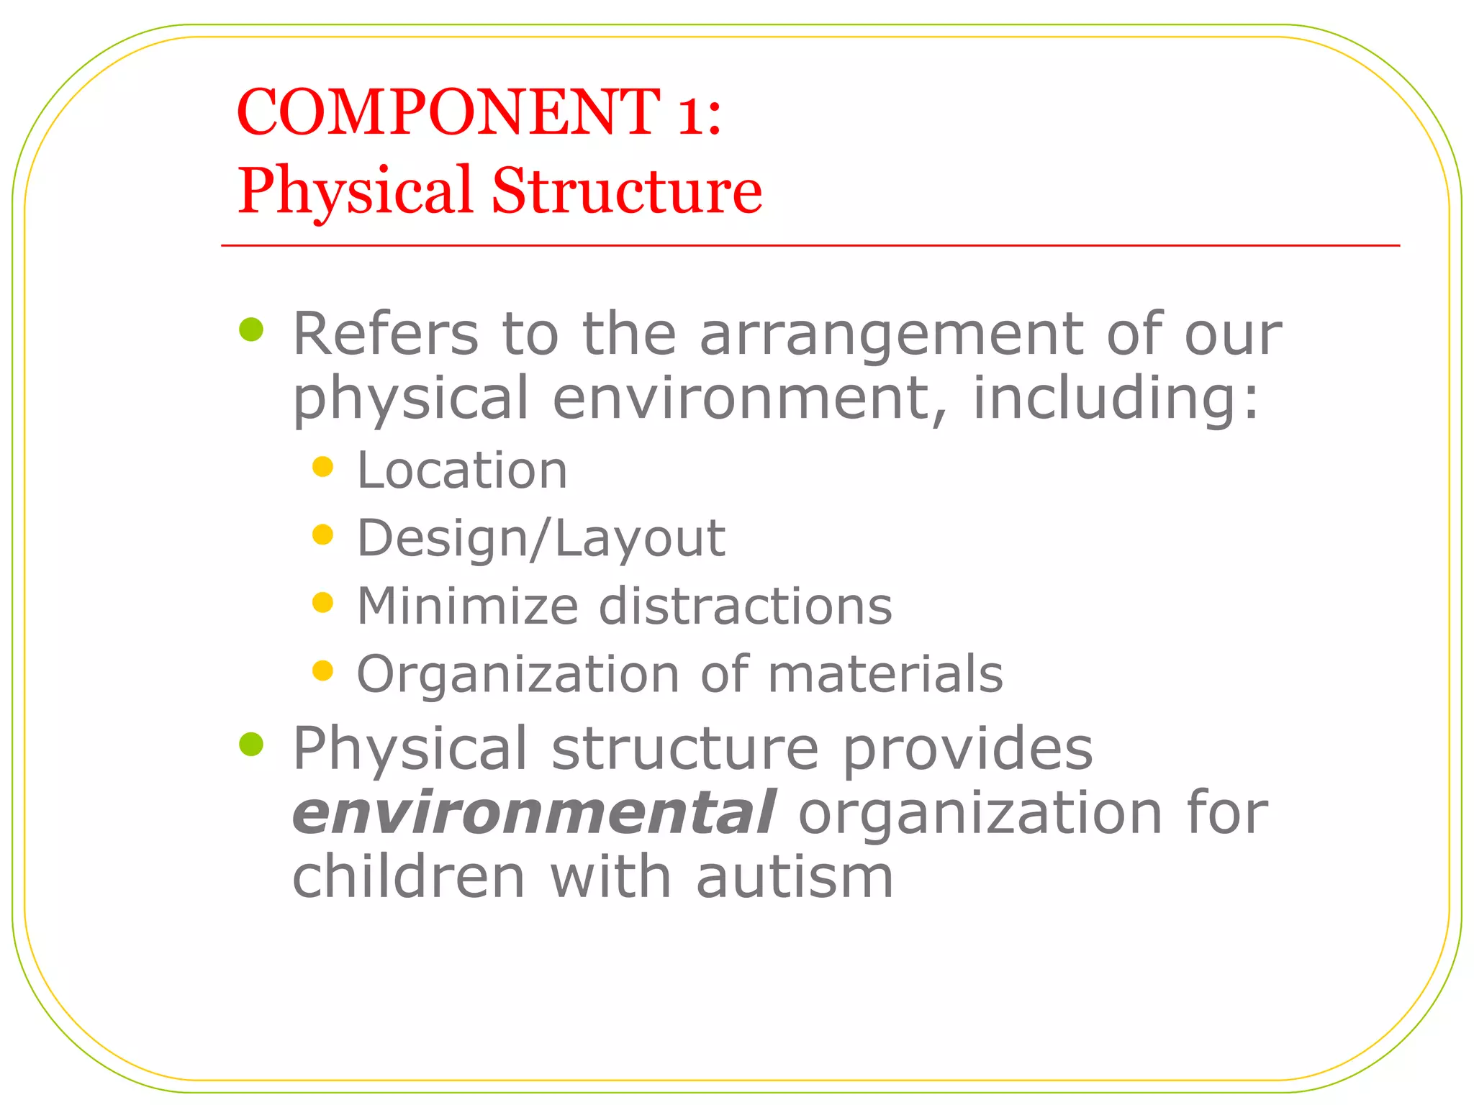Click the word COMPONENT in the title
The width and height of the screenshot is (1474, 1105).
[x=448, y=112]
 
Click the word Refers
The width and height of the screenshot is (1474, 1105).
[x=386, y=334]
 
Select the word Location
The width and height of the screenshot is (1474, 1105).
[x=462, y=470]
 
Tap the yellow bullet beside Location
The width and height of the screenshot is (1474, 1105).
[x=323, y=468]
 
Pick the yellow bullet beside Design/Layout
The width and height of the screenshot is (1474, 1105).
[x=323, y=535]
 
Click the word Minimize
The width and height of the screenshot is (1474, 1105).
[x=467, y=606]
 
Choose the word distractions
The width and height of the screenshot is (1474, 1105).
[x=746, y=606]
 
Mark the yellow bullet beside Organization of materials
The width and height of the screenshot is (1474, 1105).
[x=323, y=670]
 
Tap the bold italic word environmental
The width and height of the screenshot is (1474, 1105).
[x=533, y=813]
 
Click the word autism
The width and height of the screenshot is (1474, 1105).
[x=795, y=877]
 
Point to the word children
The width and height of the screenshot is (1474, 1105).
[x=409, y=877]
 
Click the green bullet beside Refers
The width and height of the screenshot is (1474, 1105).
[x=251, y=330]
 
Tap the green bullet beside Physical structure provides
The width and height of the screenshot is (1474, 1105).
[x=251, y=745]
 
